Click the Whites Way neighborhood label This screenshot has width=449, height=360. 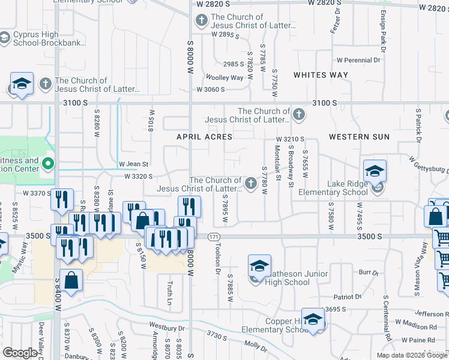321,75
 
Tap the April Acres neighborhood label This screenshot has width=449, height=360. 204,137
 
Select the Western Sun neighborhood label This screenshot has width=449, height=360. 359,137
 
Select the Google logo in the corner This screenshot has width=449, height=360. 20,353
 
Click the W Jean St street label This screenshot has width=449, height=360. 133,164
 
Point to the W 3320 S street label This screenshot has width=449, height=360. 139,176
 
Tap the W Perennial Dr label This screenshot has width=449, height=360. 358,60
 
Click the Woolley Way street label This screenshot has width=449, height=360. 224,77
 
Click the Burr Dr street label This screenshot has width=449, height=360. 367,273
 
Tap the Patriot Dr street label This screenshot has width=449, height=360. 348,296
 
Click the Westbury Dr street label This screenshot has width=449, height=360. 167,328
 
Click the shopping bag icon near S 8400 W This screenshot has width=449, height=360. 71,280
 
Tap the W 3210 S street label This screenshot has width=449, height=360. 291,139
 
